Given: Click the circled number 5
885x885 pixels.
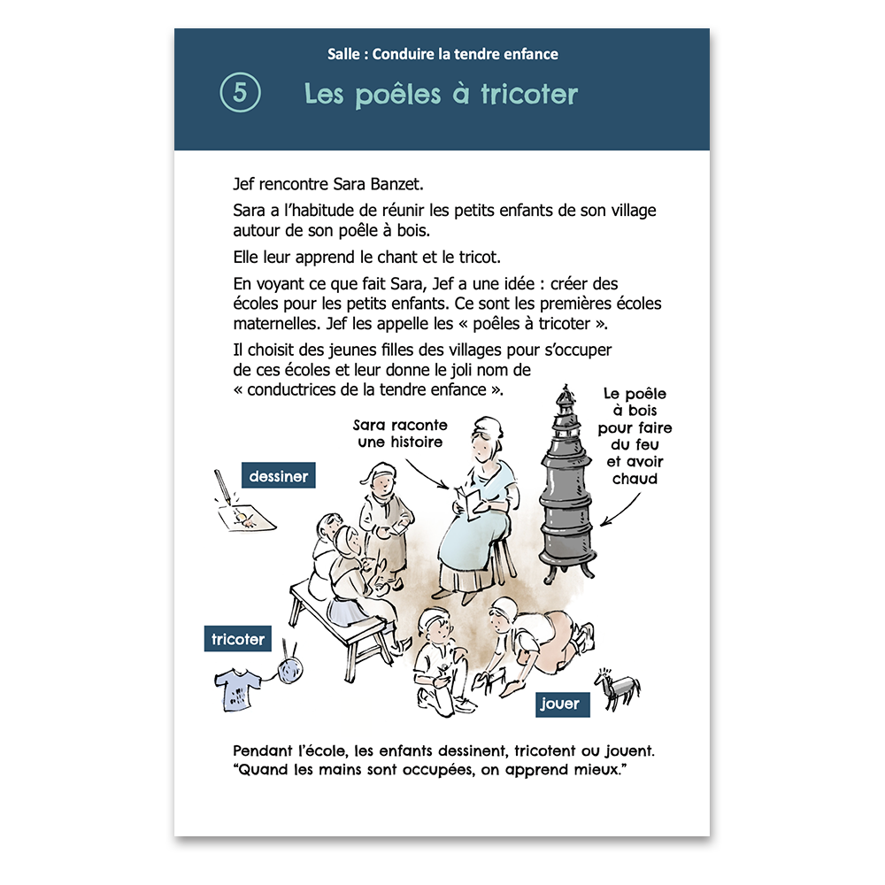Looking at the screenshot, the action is tap(240, 92).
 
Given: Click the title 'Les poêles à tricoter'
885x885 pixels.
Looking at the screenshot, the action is tap(441, 94).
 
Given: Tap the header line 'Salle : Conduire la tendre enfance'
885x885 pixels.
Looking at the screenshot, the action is tap(442, 54).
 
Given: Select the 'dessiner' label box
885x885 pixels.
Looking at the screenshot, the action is tap(278, 476).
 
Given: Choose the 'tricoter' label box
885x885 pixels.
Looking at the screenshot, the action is tap(237, 639).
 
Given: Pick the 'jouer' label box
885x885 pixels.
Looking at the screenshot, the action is tap(562, 704).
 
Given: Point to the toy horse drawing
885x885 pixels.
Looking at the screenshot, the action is tap(618, 688).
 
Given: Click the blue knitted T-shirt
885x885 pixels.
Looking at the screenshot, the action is tap(237, 689).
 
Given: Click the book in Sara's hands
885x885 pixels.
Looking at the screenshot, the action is tap(469, 503).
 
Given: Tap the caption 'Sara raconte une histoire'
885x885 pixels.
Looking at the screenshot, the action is tap(400, 434).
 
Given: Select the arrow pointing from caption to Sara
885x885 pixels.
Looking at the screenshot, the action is tap(427, 474).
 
